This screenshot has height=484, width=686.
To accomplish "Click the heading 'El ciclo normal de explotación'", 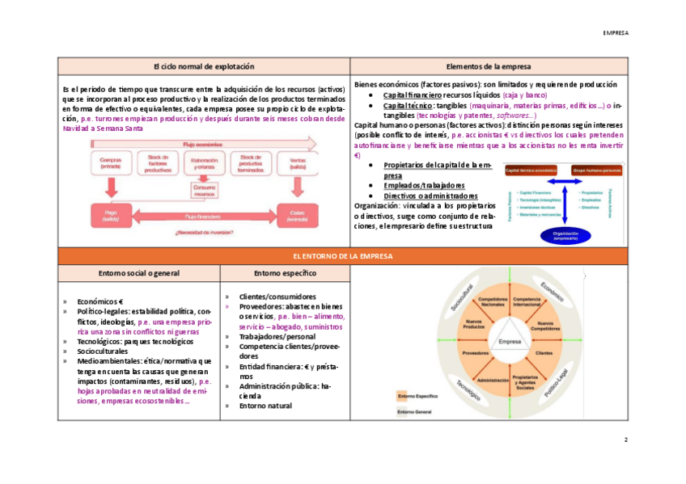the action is click(204, 65).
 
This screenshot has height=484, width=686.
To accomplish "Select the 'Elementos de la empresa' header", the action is click(489, 65).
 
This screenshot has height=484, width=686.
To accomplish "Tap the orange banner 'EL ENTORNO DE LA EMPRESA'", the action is click(342, 255).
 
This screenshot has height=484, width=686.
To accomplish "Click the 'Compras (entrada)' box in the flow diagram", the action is click(111, 163).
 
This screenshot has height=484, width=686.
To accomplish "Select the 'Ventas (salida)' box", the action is click(297, 163).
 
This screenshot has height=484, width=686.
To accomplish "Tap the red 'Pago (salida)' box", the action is click(111, 216).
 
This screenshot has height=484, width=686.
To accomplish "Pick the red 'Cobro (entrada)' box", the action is click(297, 216).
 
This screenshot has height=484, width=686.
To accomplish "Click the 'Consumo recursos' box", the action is click(204, 191).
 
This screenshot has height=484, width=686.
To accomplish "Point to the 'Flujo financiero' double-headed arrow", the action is click(204, 216).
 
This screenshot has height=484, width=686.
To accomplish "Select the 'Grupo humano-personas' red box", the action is click(597, 171).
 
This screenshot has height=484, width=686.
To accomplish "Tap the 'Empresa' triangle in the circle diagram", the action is click(510, 342).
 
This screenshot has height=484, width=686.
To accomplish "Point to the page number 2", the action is click(625, 440).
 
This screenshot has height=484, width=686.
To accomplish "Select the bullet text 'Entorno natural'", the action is click(265, 406).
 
